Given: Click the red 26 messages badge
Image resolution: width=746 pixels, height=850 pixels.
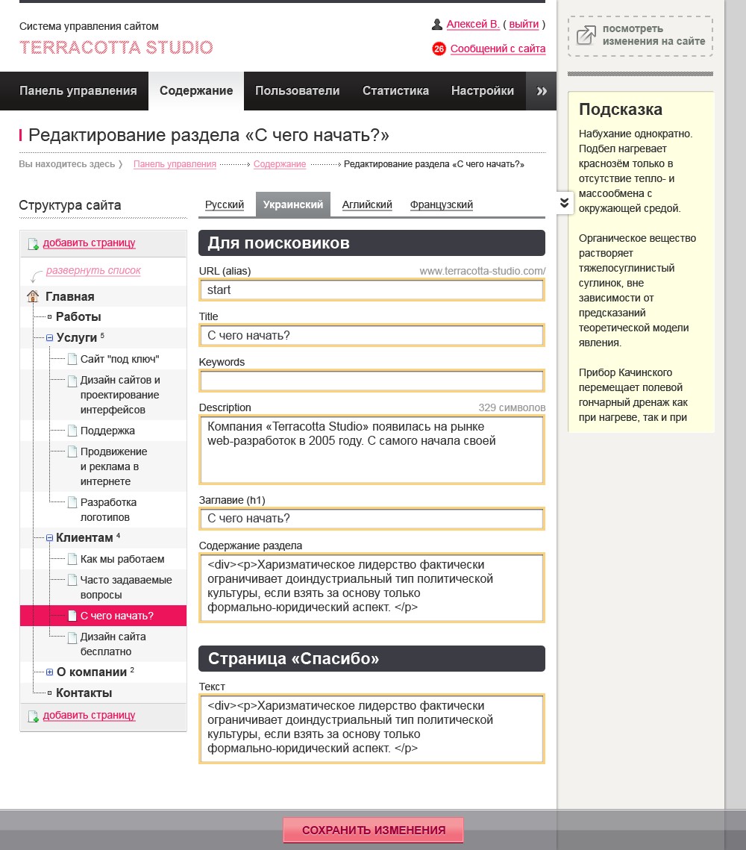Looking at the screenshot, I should [x=439, y=49].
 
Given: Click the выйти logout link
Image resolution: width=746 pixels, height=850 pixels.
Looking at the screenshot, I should [x=524, y=24].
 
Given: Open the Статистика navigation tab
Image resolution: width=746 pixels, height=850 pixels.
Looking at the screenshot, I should [x=395, y=91].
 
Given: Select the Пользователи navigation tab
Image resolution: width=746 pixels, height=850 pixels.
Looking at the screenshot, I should [x=297, y=91].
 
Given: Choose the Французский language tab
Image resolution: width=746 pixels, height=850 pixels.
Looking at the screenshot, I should [x=441, y=204].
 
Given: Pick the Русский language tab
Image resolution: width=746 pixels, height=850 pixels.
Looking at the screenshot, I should [x=225, y=204].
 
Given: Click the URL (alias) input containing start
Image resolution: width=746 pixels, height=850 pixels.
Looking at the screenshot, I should [x=372, y=290].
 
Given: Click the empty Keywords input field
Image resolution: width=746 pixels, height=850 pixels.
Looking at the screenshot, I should [x=372, y=381].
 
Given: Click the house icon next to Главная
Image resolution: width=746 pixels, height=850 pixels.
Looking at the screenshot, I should [x=33, y=296].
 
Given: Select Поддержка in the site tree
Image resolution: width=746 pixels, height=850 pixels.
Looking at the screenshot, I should [x=107, y=431].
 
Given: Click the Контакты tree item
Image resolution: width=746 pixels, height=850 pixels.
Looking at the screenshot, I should [x=84, y=693].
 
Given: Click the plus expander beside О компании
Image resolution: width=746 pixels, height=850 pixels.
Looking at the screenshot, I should [x=50, y=672].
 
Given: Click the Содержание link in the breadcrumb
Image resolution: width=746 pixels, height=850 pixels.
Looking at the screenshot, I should [x=279, y=164].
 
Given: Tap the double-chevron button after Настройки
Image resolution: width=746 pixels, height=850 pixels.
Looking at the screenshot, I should [x=542, y=91].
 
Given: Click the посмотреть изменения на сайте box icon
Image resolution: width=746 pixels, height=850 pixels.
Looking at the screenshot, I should [x=587, y=35].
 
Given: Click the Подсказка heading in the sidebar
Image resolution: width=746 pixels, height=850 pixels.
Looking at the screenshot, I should [x=620, y=110].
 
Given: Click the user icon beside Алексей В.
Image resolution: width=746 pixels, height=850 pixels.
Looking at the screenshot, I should [x=437, y=25].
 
